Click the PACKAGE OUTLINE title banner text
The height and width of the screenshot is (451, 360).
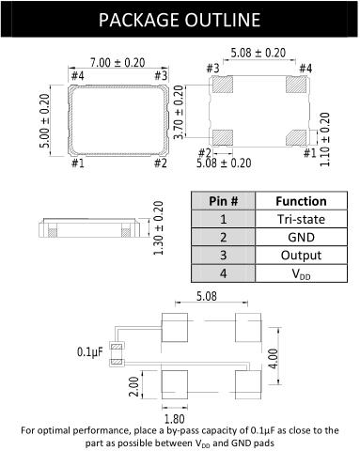[x=180, y=20]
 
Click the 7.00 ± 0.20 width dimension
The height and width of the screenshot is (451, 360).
[x=117, y=63]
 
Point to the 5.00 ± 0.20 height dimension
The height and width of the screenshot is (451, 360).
[x=44, y=120]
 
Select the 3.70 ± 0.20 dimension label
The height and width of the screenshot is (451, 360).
[x=178, y=113]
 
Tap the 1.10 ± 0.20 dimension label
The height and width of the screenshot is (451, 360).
[x=325, y=139]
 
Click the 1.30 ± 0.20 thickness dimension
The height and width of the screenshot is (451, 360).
[x=158, y=228]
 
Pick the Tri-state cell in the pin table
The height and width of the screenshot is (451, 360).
[x=301, y=219]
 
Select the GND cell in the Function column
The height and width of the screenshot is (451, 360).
[x=301, y=237]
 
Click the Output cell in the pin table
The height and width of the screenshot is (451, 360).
[x=301, y=256]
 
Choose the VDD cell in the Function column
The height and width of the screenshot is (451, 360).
[x=301, y=273]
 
